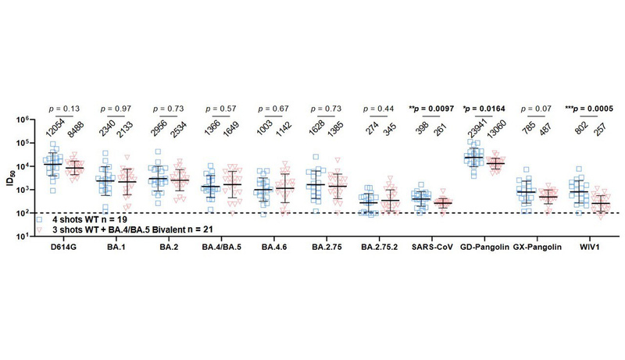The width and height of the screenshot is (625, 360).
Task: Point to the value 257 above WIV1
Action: (602, 134)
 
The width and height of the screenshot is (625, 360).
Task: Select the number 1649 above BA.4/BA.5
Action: (234, 132)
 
